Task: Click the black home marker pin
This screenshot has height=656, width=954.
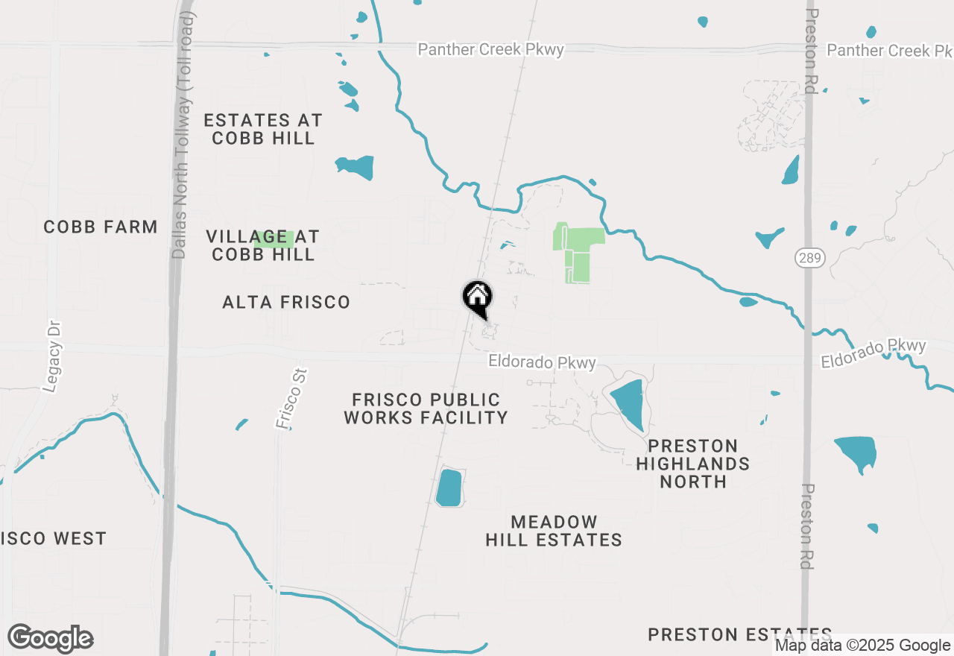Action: [477, 297]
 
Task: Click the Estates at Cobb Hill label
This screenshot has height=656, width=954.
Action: [263, 129]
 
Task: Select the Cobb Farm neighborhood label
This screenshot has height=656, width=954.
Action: [101, 227]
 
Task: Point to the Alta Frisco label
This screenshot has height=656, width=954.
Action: [286, 302]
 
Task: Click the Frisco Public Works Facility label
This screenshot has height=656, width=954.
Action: [426, 409]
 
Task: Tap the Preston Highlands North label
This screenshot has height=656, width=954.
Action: [693, 464]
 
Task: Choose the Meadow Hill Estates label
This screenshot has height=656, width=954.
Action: [554, 531]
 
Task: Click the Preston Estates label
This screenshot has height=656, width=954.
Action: [739, 634]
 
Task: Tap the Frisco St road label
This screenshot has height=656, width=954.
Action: [291, 398]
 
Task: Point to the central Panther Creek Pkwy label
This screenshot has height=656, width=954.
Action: [490, 49]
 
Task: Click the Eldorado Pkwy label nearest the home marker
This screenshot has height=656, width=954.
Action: [543, 362]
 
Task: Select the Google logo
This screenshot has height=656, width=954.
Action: [51, 639]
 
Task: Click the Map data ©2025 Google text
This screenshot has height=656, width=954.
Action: [862, 646]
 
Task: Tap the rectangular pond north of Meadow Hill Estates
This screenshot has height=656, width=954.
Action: [449, 488]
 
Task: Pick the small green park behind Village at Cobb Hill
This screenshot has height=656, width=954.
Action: [274, 239]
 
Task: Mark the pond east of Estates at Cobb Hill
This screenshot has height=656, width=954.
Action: [356, 167]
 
